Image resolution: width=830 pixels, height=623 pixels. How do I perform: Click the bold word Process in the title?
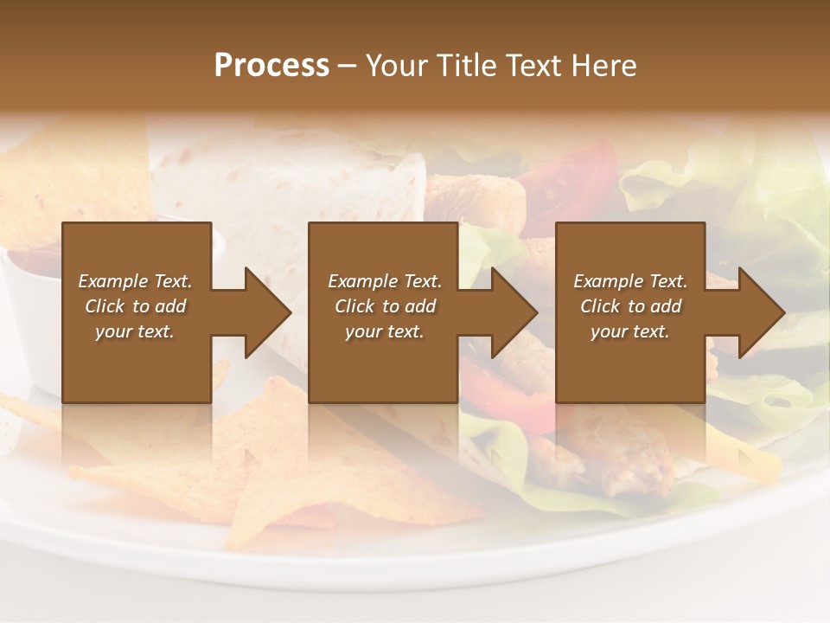tap(271, 66)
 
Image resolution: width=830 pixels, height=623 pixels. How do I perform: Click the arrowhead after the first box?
tap(265, 312)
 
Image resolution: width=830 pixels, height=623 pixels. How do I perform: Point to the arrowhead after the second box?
tap(511, 312)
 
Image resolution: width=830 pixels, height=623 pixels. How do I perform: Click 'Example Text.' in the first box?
tap(135, 281)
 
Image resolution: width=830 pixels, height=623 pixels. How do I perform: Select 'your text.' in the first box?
tap(135, 331)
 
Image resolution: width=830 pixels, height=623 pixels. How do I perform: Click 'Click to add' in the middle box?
tap(385, 306)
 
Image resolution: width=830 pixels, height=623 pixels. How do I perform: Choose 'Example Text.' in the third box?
tap(630, 281)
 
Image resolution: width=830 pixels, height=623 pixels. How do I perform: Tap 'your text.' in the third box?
tap(630, 331)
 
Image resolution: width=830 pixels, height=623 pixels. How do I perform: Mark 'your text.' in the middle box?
tap(385, 331)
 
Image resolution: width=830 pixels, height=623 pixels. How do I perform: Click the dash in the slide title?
tap(348, 66)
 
